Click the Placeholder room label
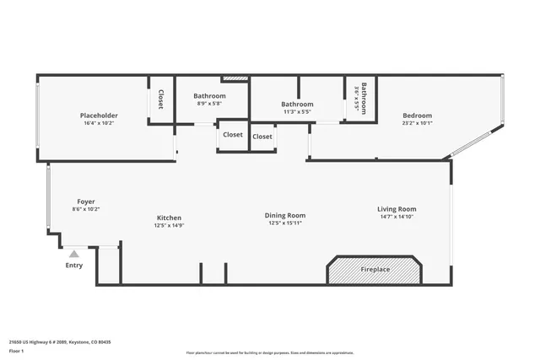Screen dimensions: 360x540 99,116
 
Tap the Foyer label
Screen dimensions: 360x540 85,201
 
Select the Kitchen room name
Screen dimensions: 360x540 169,218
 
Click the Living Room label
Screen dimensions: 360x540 396,209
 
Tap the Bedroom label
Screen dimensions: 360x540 417,116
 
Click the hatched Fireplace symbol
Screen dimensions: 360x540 375,270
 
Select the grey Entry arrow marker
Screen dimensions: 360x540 74,253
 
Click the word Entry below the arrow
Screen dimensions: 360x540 74,266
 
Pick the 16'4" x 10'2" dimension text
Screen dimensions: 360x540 99,123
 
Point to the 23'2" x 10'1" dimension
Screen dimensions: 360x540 417,123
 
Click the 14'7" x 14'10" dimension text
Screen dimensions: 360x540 396,217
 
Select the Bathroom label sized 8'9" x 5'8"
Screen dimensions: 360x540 209,96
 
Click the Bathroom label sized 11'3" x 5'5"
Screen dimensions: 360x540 297,104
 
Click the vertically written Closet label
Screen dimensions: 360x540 159,99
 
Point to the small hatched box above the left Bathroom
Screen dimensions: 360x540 235,79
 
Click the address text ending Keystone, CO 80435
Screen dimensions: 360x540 60,341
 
